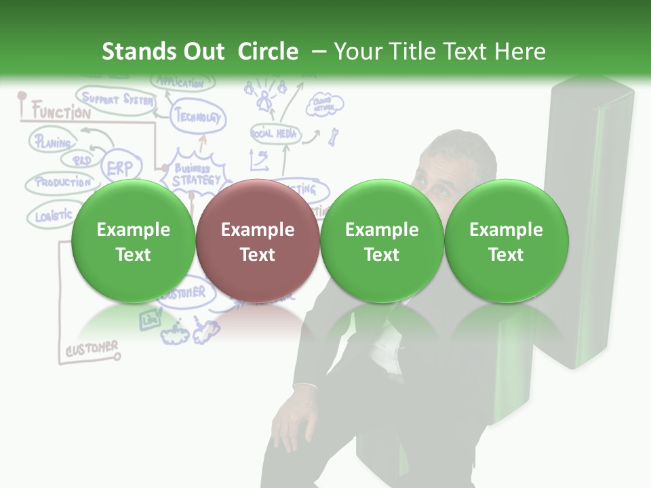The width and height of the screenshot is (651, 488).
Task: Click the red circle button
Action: point(257,241)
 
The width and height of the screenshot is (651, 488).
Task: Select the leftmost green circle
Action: point(133,241)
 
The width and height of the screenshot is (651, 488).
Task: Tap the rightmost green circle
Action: point(506,241)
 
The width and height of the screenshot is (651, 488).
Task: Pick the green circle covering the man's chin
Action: point(382,241)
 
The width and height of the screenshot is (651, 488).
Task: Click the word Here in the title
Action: point(520,52)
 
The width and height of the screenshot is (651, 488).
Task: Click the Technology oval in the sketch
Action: point(198,117)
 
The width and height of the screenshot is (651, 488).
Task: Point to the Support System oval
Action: point(114,100)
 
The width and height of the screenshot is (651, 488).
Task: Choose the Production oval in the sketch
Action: point(62,182)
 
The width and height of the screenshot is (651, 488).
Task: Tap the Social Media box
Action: point(275,134)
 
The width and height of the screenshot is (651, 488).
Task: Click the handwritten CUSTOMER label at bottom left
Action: point(92,349)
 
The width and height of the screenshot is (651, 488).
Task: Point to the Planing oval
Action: point(52,142)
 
